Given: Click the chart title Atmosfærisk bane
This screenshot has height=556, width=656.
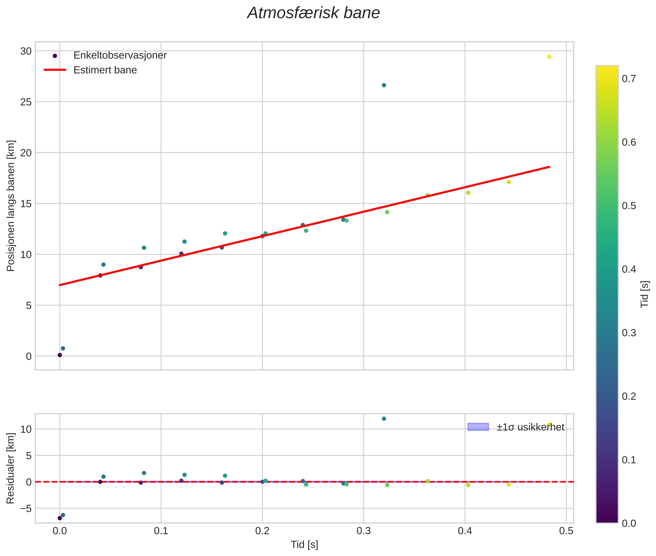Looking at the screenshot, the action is (313, 13).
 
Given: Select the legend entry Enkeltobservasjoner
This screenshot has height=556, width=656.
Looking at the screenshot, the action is (120, 55).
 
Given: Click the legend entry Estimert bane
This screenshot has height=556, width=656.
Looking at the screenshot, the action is (105, 70).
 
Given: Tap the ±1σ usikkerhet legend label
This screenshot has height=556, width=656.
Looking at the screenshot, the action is (530, 427).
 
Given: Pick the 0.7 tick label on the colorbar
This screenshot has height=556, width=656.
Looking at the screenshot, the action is (629, 78).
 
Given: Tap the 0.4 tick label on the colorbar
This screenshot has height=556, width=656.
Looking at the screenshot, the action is (629, 269).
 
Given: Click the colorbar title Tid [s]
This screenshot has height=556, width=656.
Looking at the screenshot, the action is (645, 294).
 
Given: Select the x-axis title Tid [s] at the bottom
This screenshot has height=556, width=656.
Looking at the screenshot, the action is (304, 545).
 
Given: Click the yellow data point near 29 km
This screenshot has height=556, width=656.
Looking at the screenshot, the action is (549, 57).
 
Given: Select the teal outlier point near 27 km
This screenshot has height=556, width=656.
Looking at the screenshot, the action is (384, 85).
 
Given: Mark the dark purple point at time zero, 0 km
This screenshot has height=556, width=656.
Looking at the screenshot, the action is (60, 355).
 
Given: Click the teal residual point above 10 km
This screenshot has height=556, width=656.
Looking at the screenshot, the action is (384, 419).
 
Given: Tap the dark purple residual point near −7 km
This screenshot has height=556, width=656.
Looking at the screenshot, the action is (60, 518).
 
